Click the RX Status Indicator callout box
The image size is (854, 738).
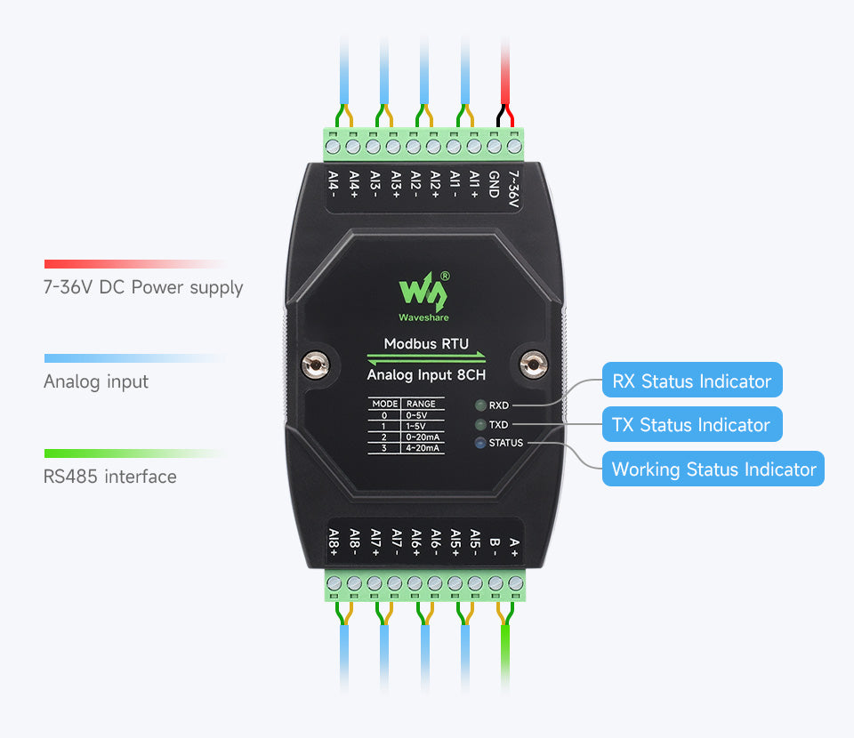692,381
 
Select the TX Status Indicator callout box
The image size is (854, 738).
691,425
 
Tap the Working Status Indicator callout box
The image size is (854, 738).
713,469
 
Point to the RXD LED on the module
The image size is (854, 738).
480,405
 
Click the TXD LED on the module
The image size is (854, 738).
480,424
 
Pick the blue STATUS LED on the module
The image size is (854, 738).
480,443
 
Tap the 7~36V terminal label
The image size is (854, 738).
513,191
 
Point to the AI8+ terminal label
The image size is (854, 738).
334,541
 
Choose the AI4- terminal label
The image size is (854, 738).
333,185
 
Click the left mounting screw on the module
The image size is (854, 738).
312,363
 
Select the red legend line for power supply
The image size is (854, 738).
133,264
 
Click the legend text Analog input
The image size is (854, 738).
96,382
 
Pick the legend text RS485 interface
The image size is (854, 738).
110,477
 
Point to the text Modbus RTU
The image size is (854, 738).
426,343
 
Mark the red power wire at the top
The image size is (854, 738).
505,71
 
